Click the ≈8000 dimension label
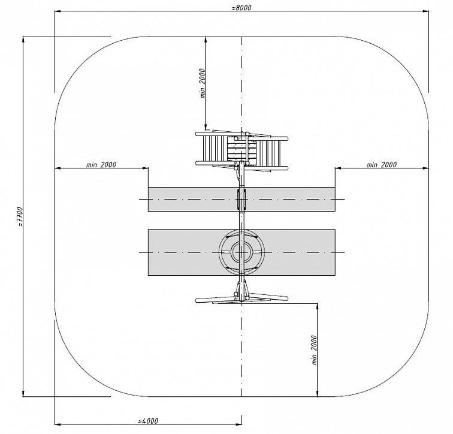(x=241, y=8)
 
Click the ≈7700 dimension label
(x=20, y=217)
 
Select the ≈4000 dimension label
(x=148, y=421)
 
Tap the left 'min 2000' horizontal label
(x=101, y=165)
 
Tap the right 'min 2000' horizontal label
(x=382, y=165)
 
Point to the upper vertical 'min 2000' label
(x=203, y=83)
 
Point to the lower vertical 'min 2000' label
(x=315, y=350)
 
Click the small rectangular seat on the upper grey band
(x=242, y=199)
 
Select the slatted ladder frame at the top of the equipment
(x=242, y=150)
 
